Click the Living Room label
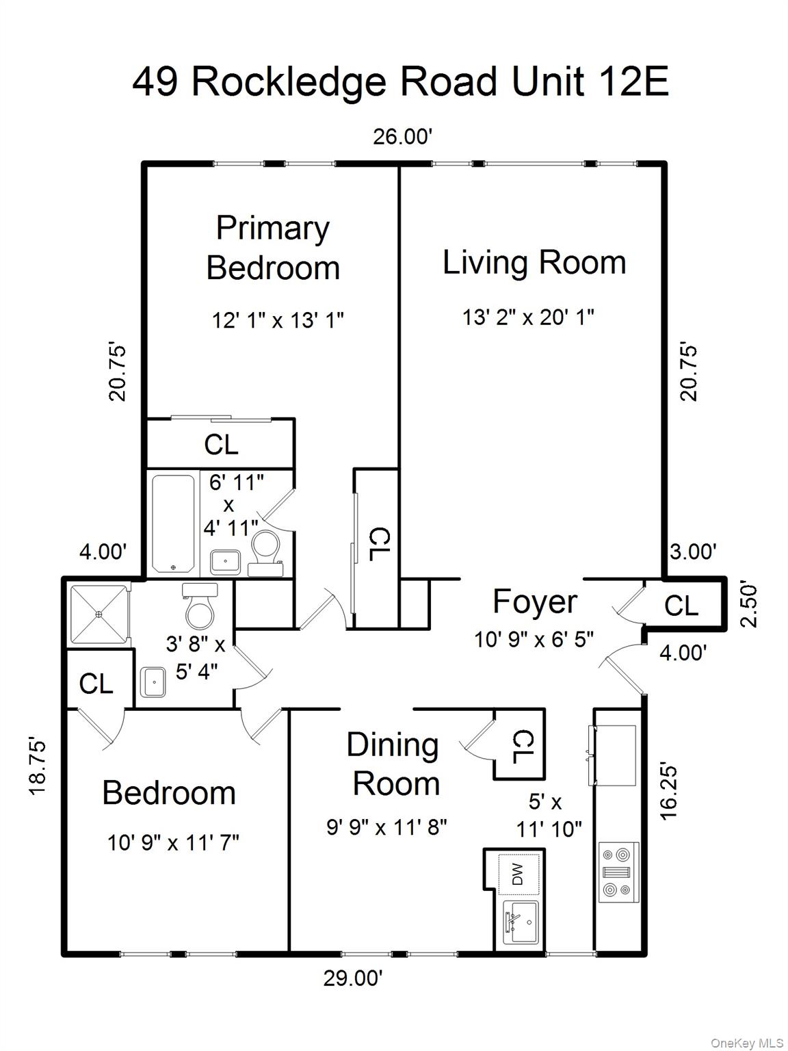click(x=534, y=263)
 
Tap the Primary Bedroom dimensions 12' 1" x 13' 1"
click(x=277, y=320)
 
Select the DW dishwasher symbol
click(x=518, y=874)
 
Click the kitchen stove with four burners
click(x=618, y=872)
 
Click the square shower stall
click(x=99, y=614)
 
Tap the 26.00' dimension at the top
click(x=402, y=137)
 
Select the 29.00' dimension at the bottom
click(x=352, y=978)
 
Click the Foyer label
click(x=534, y=602)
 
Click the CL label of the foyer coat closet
click(x=681, y=606)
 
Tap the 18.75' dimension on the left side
click(x=39, y=766)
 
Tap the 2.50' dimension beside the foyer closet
click(x=750, y=605)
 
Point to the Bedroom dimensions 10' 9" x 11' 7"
click(x=173, y=842)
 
